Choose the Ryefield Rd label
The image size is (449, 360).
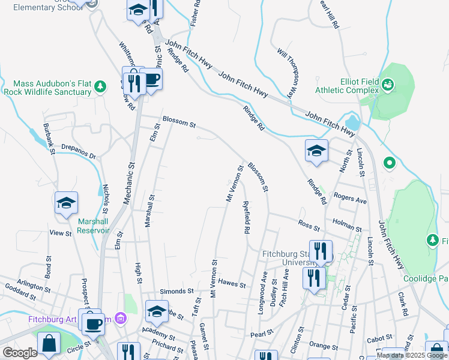coord(246,217)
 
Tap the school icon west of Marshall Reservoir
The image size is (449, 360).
coord(66,203)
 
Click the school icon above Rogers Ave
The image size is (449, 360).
coord(316,151)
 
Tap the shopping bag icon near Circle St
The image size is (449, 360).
coord(49,344)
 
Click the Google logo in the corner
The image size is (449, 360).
coord(20,352)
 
